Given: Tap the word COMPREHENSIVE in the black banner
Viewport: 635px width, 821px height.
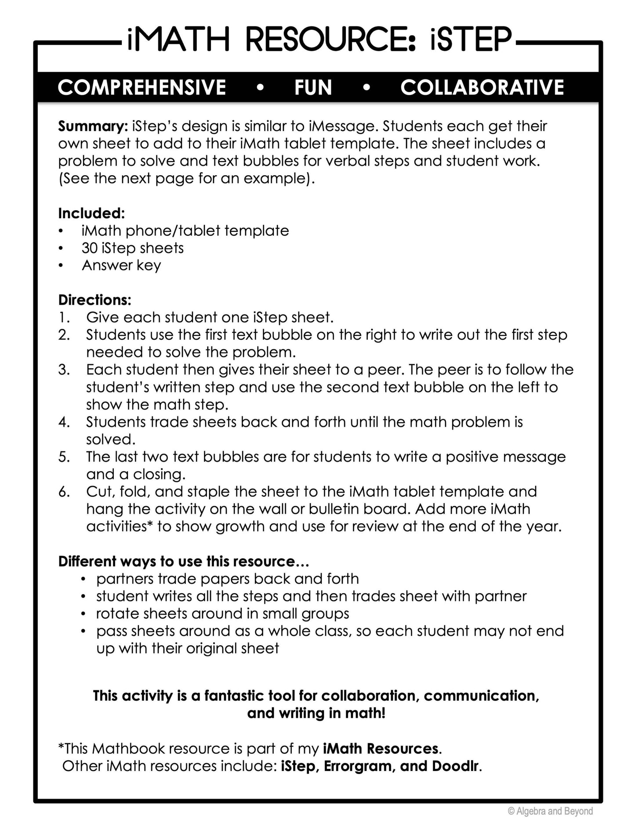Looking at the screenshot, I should click(142, 87).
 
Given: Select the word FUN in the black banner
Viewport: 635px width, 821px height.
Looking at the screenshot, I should click(313, 87).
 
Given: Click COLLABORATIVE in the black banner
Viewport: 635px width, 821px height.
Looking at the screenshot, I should click(482, 87).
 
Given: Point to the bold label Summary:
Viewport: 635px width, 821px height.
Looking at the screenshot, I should click(93, 126).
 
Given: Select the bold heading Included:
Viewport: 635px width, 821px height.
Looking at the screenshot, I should click(91, 213).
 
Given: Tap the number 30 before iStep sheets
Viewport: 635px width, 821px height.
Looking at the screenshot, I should click(89, 248).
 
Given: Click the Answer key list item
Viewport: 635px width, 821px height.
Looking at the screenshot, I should click(121, 266).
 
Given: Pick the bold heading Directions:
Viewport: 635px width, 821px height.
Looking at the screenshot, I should click(94, 300).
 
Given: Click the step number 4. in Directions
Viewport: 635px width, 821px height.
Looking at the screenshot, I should click(64, 422).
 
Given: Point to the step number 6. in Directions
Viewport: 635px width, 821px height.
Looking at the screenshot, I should click(64, 492).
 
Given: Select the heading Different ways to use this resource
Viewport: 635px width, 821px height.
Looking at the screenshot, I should click(184, 562).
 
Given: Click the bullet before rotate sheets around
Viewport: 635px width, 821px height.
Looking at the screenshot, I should click(83, 614).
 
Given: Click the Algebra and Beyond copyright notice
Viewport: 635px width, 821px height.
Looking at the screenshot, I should click(550, 811).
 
